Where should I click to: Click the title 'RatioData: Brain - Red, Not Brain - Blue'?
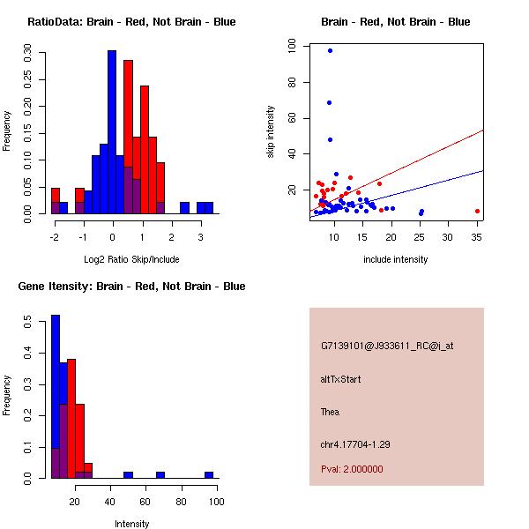[x=131, y=22]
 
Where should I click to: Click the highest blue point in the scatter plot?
[x=330, y=50]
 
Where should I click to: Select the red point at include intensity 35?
[x=477, y=211]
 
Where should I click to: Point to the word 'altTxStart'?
[x=340, y=379]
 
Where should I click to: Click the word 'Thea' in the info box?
[x=330, y=412]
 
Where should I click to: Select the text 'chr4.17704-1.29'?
[x=354, y=444]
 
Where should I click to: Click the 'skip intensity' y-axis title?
[x=272, y=132]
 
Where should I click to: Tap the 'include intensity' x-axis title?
[x=396, y=259]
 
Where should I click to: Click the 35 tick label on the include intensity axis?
[x=477, y=238]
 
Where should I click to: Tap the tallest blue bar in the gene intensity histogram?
[x=56, y=397]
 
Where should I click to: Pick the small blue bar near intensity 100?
[x=209, y=474]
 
